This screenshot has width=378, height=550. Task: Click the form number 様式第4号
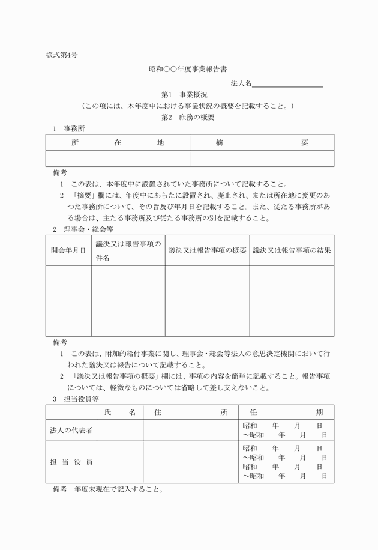(62, 55)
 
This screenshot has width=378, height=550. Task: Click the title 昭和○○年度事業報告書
(188, 70)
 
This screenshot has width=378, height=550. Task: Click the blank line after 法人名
(288, 83)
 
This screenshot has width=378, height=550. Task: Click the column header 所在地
(117, 143)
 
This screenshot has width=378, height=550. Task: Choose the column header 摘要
(262, 143)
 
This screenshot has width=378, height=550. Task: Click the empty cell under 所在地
(118, 159)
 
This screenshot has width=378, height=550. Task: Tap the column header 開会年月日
(68, 250)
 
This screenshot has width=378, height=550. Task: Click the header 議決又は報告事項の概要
(207, 250)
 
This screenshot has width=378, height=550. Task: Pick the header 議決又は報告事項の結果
(292, 250)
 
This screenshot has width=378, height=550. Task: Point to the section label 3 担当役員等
(76, 399)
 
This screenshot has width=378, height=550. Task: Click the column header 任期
(286, 412)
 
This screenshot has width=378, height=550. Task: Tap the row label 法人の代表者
(71, 431)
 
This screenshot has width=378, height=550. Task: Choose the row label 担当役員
(71, 462)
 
